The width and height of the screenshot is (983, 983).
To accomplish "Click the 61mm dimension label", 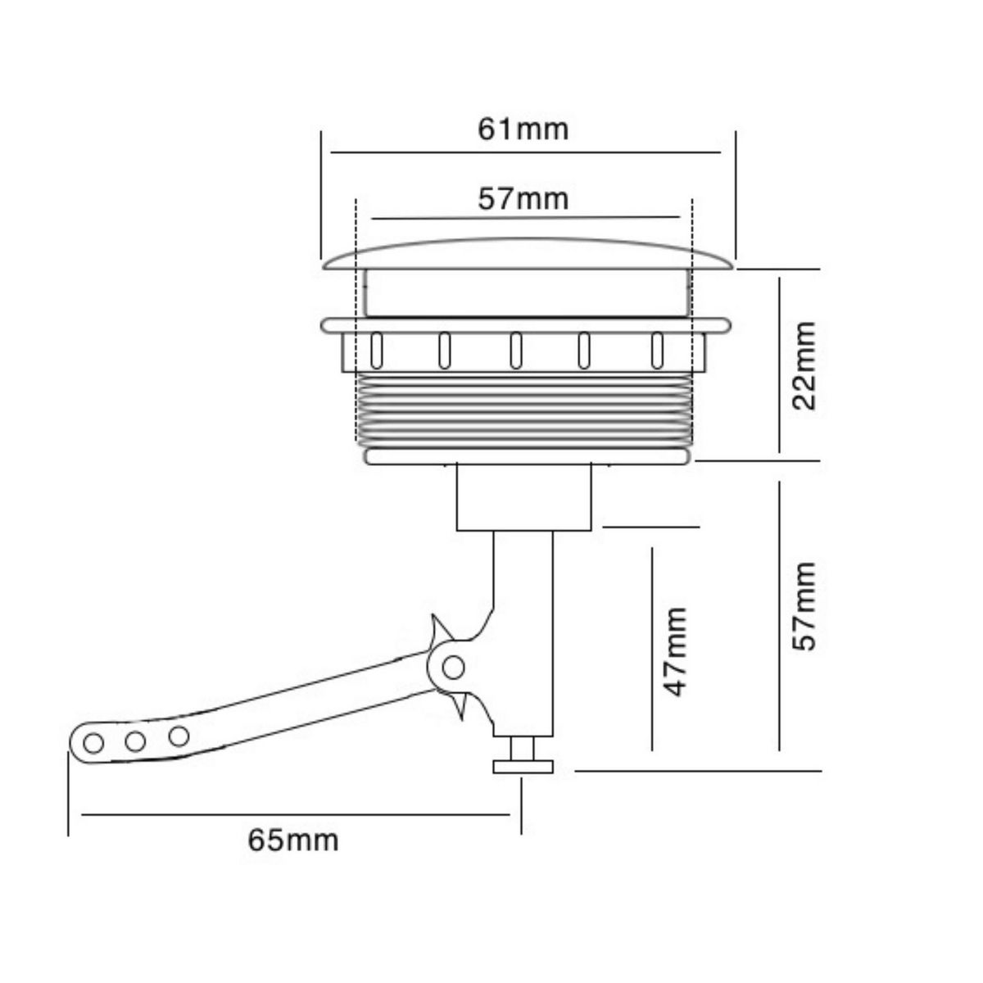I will point(523,129).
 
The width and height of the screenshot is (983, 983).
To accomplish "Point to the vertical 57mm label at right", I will point(805,605).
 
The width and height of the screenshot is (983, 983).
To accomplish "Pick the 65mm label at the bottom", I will point(293,840).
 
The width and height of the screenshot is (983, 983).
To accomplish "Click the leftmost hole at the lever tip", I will point(94,743).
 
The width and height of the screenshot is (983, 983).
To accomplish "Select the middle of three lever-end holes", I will point(136,741).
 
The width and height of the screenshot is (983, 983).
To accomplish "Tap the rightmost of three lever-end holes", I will point(179,735).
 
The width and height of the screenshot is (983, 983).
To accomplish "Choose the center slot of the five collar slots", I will point(516,351).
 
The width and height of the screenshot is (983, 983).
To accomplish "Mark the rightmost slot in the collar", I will point(656,351).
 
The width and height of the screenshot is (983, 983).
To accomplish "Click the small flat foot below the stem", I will point(523,767).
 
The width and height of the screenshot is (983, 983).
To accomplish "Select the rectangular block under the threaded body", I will point(523,496).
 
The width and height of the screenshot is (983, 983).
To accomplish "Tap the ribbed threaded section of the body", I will point(524,410).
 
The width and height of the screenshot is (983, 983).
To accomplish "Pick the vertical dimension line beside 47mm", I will point(652,647).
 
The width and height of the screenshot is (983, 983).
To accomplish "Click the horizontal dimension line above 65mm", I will point(295,814).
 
